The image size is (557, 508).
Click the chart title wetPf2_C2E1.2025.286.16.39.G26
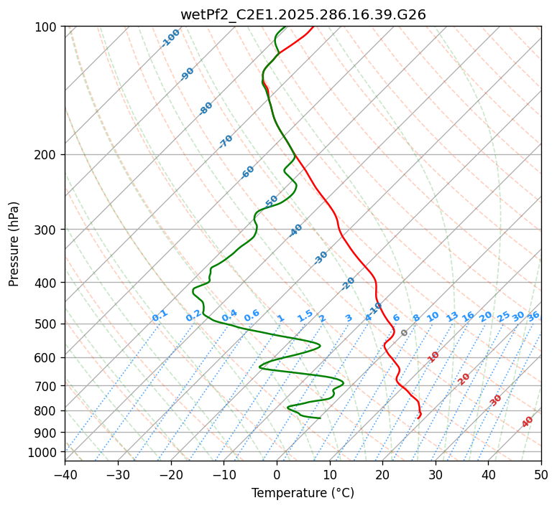click(303, 14)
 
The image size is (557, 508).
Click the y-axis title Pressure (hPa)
click(14, 244)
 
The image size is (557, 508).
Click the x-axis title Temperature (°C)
click(303, 493)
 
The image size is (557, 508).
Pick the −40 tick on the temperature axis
click(65, 474)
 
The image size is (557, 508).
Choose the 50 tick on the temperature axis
click(541, 474)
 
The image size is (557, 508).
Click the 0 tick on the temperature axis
click(277, 474)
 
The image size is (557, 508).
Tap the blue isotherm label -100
click(171, 38)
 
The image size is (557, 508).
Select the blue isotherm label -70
click(226, 141)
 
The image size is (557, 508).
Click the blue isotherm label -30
click(321, 258)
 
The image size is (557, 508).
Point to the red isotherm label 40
click(528, 422)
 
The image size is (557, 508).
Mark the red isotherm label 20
click(464, 378)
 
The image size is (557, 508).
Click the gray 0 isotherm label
click(405, 333)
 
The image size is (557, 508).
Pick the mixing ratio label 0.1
click(160, 315)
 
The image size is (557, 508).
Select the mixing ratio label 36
click(533, 316)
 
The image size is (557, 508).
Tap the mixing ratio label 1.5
click(305, 315)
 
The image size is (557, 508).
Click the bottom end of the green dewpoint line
click(320, 418)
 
